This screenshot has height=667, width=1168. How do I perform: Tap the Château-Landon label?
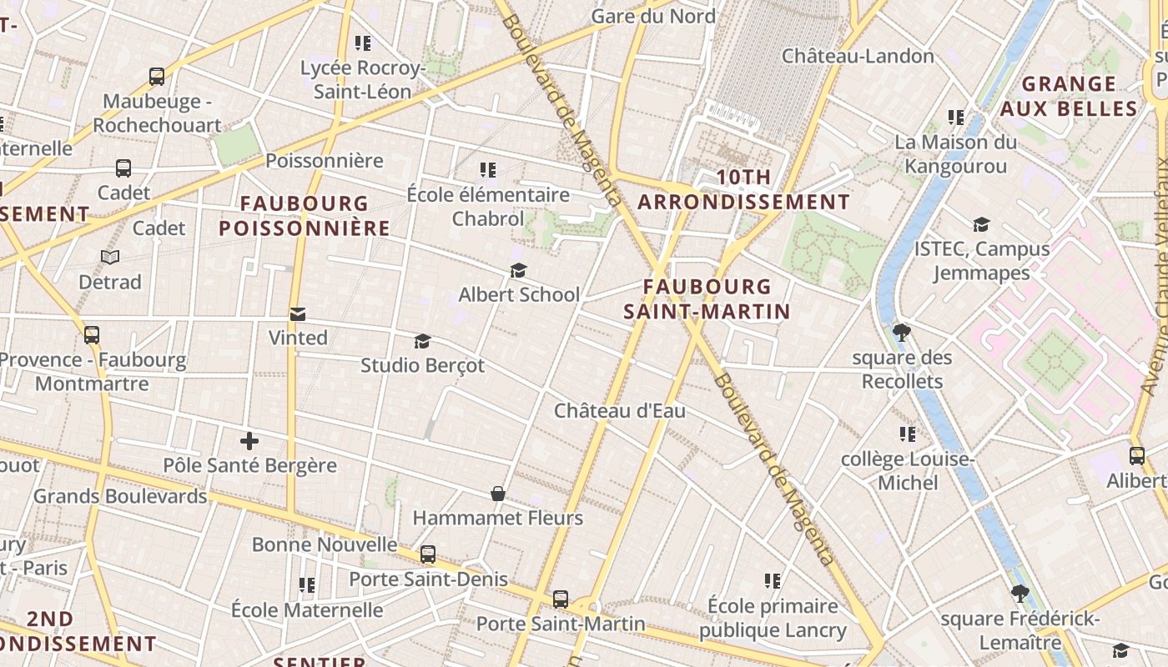[x=858, y=56]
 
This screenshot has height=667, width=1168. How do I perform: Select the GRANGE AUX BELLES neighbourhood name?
[x=1069, y=96]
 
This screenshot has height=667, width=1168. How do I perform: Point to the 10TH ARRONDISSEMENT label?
[x=743, y=189]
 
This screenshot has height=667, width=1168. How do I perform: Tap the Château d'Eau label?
[x=620, y=410]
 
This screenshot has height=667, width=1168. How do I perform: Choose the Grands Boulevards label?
[x=120, y=496]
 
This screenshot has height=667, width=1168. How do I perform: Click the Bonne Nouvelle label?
[x=325, y=544]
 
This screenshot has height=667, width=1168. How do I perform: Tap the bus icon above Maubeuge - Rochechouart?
[x=157, y=77]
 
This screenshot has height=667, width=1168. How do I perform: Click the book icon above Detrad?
[x=110, y=257]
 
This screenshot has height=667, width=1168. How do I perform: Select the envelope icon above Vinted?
[x=298, y=313]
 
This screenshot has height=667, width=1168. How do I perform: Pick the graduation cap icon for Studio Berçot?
[x=422, y=341]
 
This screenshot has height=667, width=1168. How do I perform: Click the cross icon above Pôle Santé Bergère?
[x=249, y=441]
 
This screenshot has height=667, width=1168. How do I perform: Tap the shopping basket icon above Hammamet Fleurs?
[x=498, y=494]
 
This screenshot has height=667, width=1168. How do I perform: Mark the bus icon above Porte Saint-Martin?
[x=561, y=599]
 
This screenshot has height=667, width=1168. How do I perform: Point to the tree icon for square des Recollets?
[x=901, y=333]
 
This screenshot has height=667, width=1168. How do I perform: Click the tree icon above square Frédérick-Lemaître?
[x=1019, y=594]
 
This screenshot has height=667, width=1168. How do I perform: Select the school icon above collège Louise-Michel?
[x=908, y=434]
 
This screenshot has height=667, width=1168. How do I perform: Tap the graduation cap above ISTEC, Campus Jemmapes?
[x=981, y=224]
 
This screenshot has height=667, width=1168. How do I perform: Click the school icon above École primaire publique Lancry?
[x=773, y=580]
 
